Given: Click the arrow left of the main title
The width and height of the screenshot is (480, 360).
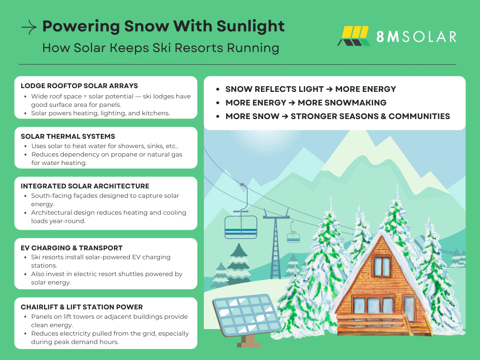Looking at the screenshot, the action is click(x=29, y=27).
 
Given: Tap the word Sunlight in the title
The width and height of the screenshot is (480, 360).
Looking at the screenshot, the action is click(x=250, y=27).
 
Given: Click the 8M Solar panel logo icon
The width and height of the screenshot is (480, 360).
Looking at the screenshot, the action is click(x=354, y=36).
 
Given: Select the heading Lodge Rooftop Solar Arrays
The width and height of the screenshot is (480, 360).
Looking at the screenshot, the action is click(x=79, y=86).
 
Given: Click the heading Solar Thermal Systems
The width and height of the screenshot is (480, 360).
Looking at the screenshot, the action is click(x=68, y=136).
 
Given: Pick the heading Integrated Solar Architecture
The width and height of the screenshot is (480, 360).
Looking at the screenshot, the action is click(x=85, y=186).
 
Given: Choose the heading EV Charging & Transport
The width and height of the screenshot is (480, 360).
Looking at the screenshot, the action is click(x=72, y=248).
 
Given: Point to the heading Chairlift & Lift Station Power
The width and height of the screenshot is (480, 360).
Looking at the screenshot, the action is click(x=82, y=307).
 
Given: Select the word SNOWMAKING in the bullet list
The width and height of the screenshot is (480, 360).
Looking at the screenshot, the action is click(x=342, y=103).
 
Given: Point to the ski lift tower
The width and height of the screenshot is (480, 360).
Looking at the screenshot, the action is click(x=276, y=243).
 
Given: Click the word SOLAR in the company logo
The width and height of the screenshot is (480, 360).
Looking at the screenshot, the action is click(x=429, y=37).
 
